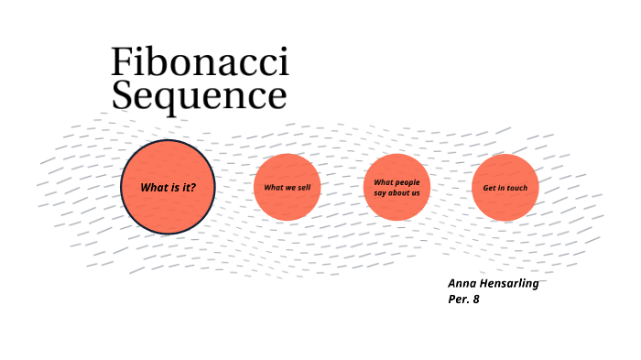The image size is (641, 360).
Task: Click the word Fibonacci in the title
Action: (x=200, y=62)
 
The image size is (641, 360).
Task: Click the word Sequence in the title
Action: (x=200, y=95)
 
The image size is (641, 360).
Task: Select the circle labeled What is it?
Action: (x=168, y=187)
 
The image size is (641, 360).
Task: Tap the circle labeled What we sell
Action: (x=287, y=187)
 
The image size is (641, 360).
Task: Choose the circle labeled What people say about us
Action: (x=397, y=187)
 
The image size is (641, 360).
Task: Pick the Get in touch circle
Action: (x=505, y=187)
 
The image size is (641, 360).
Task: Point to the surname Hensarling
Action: (x=508, y=283)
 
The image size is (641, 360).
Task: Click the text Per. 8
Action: (x=463, y=299)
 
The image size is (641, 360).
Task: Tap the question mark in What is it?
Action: (x=192, y=188)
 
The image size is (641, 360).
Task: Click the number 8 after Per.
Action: (x=476, y=299)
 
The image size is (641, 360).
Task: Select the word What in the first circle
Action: (x=152, y=188)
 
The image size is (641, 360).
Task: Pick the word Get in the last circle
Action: (x=488, y=188)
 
